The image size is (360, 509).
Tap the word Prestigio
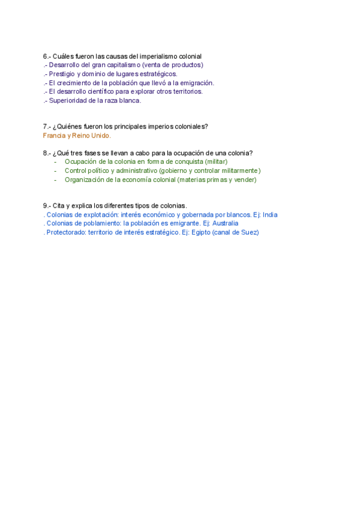pos(62,74)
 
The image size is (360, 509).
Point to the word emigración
pos(196,83)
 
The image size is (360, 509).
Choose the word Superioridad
pos(69,101)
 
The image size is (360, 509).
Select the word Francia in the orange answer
pos(53,136)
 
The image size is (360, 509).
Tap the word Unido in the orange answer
pos(100,136)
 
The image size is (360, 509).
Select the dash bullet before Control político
pos(55,170)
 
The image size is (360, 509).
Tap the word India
pos(270,215)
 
